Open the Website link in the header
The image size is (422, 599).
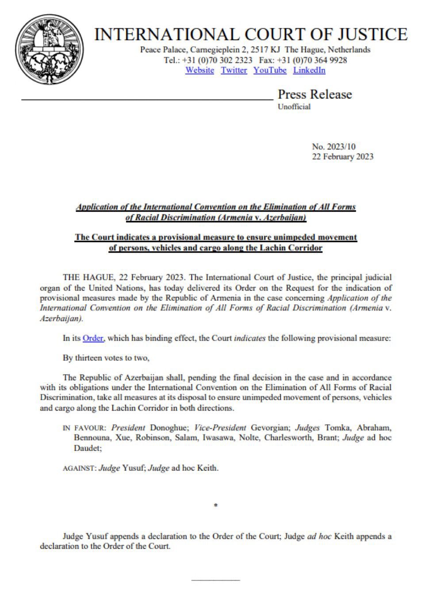[199, 70]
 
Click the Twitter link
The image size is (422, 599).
[234, 70]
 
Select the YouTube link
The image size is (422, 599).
[270, 70]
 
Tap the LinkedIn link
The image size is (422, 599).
[309, 70]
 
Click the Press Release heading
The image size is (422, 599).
[315, 95]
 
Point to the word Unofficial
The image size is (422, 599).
[294, 107]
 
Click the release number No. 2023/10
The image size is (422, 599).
[334, 146]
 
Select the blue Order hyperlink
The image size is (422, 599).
[93, 338]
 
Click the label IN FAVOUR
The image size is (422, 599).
[84, 428]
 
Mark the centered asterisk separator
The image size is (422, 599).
[215, 505]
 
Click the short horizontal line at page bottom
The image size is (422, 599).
[215, 580]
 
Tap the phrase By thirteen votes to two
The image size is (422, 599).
[109, 358]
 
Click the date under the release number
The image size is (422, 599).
[342, 157]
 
